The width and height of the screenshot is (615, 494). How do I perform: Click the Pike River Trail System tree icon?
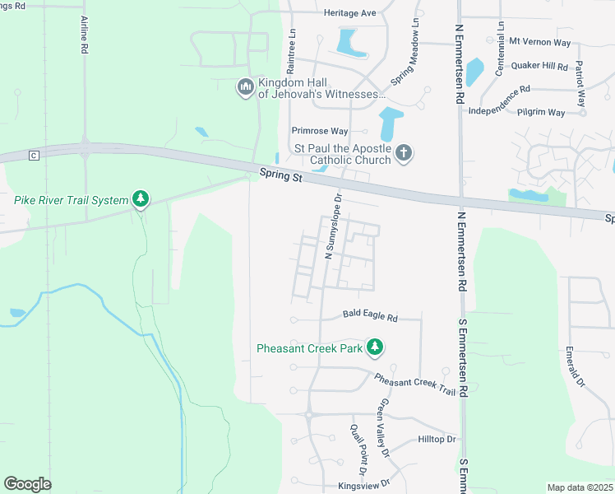click(141, 199)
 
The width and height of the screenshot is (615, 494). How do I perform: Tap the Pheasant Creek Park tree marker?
click(375, 347)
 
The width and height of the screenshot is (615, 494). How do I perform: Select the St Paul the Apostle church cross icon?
click(403, 152)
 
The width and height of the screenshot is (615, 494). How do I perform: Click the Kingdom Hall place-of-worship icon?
click(245, 87)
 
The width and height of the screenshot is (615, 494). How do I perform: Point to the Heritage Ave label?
click(349, 13)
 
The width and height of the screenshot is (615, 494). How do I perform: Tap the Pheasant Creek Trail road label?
click(414, 384)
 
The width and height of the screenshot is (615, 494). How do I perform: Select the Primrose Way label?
click(320, 131)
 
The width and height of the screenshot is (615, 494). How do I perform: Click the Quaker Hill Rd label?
click(539, 66)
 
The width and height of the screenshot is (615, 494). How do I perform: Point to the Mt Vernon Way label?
click(539, 40)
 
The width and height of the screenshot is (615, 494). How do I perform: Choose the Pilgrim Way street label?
click(540, 112)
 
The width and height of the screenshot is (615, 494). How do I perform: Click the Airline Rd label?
click(84, 35)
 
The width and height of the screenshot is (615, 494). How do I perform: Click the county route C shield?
click(34, 155)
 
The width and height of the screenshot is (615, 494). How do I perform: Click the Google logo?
click(27, 483)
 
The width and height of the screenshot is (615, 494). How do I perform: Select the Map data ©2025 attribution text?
click(579, 487)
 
